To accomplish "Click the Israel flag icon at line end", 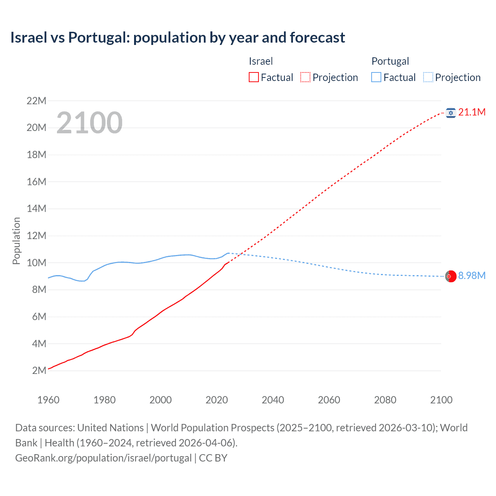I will (450, 113).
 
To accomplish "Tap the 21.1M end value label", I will (472, 112).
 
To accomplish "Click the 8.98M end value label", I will (472, 276).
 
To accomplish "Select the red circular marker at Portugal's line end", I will (450, 276).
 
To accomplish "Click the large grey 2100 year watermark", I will (90, 123).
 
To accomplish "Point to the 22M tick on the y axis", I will (36, 101).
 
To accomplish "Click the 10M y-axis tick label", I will (36, 263).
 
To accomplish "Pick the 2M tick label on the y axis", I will (39, 370).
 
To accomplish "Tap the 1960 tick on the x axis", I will (48, 400).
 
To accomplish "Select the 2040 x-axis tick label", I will (273, 400).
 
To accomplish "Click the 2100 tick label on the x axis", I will (441, 400).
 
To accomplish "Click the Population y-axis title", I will (16, 241).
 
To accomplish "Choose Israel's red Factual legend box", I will (254, 77).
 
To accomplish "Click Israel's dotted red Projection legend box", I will (305, 77).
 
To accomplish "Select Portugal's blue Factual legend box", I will (376, 77).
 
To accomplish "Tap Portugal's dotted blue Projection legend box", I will (428, 77).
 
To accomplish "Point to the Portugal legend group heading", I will (390, 61).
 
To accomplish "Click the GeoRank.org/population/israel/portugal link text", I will (103, 458).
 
